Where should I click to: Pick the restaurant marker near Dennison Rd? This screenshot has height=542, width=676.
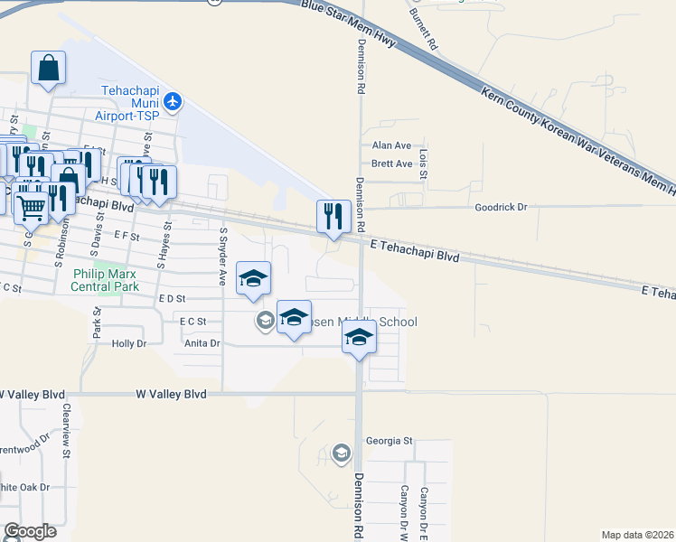click(333, 217)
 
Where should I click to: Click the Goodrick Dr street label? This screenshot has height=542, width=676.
click(501, 207)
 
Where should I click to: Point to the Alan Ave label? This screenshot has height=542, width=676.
click(391, 145)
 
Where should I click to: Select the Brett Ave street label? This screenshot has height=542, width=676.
click(391, 164)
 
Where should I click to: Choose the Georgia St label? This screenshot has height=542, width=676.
click(389, 442)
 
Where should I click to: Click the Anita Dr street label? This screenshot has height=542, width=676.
click(202, 343)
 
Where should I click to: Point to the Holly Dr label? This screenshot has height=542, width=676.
click(128, 344)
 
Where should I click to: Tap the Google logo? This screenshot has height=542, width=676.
click(30, 531)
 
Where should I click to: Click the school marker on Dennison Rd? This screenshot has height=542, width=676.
click(359, 338)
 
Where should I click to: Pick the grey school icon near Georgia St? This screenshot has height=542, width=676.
click(341, 452)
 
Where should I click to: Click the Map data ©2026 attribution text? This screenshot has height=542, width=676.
click(636, 535)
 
